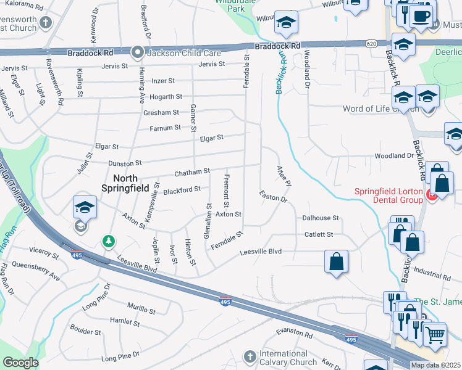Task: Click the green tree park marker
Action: click(x=109, y=240)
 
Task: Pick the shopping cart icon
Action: click(x=435, y=334)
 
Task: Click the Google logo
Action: click(x=20, y=363)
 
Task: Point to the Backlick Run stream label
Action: click(x=282, y=72)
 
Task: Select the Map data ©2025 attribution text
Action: click(x=435, y=365)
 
